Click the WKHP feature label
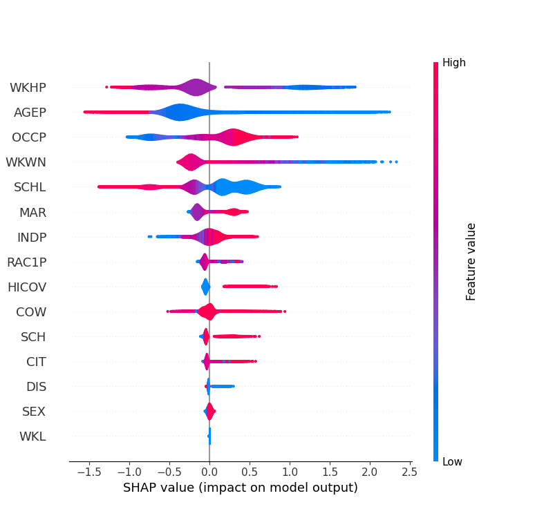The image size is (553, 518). [x=28, y=88]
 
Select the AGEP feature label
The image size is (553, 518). [x=30, y=113]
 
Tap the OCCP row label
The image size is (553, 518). [x=29, y=137]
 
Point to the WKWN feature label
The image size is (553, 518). [x=26, y=162]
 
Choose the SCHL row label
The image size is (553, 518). [x=30, y=187]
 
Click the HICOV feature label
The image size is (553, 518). [x=27, y=287]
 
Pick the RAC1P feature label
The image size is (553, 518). [x=26, y=262]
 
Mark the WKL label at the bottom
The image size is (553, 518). [x=32, y=436]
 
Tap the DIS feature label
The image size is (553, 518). [x=36, y=386]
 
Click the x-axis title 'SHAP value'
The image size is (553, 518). [x=240, y=488]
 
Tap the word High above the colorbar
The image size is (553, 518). [x=454, y=63]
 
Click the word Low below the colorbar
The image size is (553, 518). [x=453, y=461]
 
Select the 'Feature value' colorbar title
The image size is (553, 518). [x=471, y=261]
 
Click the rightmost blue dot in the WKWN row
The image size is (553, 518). [x=396, y=162]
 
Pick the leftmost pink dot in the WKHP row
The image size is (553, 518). [x=106, y=87]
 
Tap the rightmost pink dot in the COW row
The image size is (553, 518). [x=284, y=311]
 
